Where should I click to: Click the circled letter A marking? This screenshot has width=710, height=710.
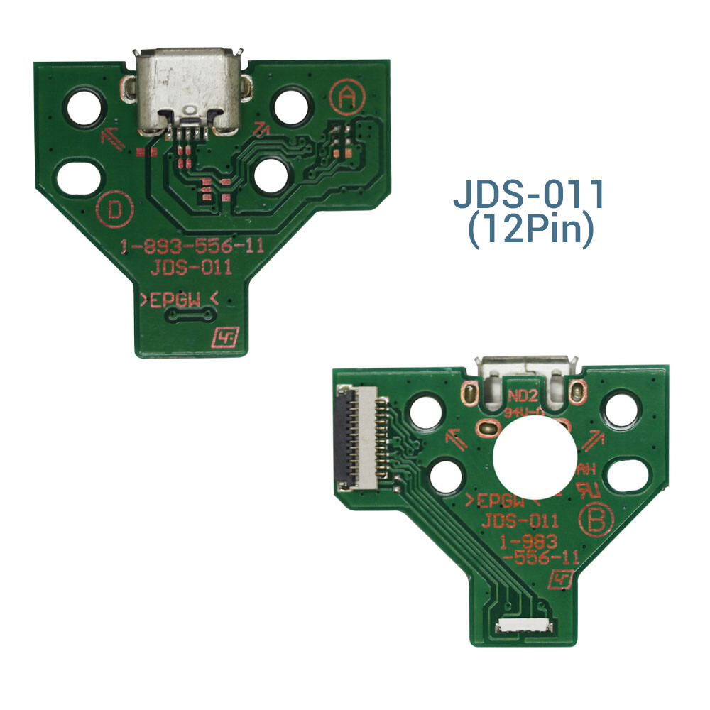[x=346, y=98]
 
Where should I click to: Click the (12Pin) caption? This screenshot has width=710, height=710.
[x=530, y=233]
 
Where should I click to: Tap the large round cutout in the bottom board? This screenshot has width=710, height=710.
[x=531, y=454]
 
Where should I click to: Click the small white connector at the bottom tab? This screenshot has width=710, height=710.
[x=524, y=626]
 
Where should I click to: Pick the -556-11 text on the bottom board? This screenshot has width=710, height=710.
[x=539, y=557]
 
